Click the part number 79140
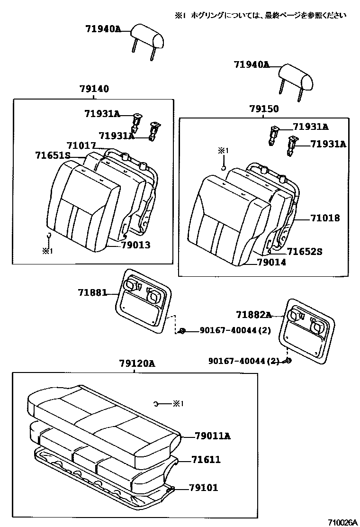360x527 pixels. (x=94, y=89)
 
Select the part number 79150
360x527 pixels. (x=264, y=109)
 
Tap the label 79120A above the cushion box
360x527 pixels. (x=136, y=363)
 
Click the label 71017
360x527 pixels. (x=81, y=145)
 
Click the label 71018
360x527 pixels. (x=325, y=218)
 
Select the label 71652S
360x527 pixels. (x=305, y=252)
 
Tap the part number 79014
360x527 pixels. (x=271, y=262)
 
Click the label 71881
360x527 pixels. (x=93, y=293)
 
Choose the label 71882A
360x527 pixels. (x=254, y=315)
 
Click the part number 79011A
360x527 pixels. (x=212, y=436)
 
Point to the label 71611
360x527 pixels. (x=206, y=460)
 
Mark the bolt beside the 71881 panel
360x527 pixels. (x=182, y=331)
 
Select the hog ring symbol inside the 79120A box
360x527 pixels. (x=156, y=404)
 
